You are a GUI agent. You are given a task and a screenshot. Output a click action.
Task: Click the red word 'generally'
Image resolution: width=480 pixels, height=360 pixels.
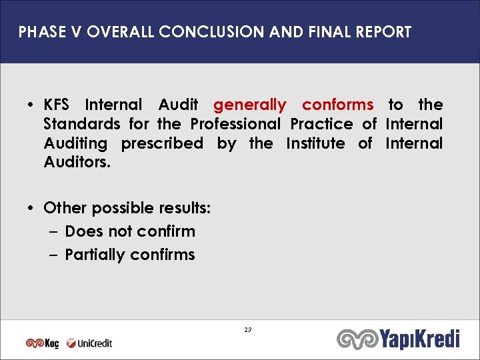[x=250, y=105]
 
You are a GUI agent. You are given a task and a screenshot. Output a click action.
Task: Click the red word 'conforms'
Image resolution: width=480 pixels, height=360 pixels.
[x=337, y=105]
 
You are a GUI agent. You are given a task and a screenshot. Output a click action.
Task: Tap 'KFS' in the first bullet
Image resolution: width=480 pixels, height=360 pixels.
[x=59, y=105]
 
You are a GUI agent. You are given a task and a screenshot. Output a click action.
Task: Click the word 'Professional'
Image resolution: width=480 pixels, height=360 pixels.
[x=236, y=124]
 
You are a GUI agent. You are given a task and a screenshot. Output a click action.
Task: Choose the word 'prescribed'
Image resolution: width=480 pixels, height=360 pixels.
[x=162, y=143]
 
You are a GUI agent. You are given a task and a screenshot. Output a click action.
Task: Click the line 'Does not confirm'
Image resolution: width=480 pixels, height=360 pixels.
[x=130, y=231]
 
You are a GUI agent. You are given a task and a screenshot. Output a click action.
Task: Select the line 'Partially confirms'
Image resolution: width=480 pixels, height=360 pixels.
[x=130, y=255]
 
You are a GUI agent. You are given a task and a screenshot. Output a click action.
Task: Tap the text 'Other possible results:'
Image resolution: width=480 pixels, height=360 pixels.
[x=127, y=208]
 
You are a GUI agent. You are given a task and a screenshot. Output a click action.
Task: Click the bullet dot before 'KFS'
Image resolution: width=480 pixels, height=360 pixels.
[x=32, y=105]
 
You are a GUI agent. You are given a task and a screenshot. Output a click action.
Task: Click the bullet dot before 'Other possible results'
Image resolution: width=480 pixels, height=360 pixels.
[x=32, y=208]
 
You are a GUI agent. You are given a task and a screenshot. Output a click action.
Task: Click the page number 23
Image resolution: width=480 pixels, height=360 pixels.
[x=247, y=331]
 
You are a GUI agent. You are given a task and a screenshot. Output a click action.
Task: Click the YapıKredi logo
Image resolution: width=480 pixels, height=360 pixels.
[x=399, y=339]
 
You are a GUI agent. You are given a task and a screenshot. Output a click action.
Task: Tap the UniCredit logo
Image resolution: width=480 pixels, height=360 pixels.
[x=89, y=343]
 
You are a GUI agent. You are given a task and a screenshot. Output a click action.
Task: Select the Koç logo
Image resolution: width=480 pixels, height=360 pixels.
[x=42, y=343]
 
